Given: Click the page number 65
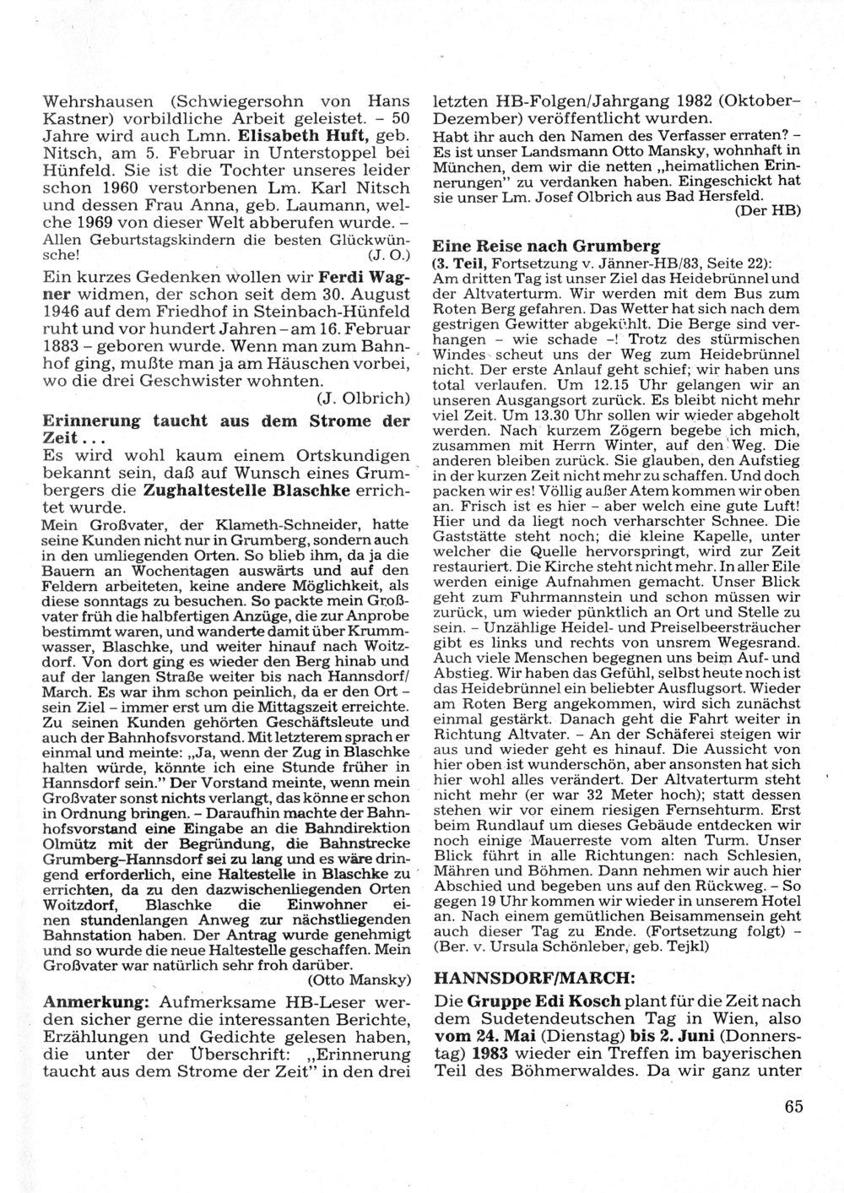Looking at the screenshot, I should point(793,1107).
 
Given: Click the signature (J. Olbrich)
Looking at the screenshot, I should point(364,397).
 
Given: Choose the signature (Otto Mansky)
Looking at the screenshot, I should point(359,979).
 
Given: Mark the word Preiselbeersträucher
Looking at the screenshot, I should point(725,627).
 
